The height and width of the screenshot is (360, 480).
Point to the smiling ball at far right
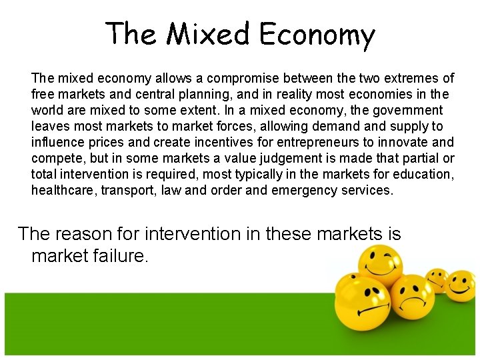click(459, 285)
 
